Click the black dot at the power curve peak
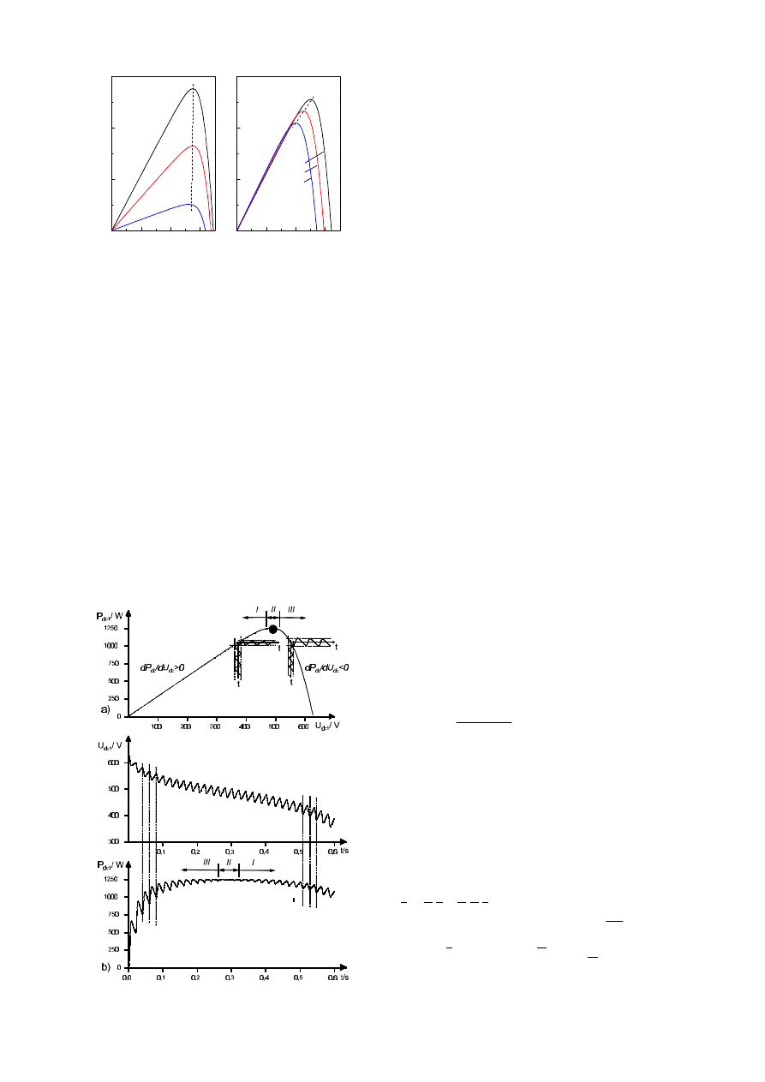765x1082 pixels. click(273, 629)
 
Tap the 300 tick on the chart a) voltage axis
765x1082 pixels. click(216, 726)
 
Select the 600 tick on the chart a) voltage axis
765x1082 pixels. click(303, 726)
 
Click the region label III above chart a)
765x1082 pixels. click(291, 609)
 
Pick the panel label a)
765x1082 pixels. click(105, 709)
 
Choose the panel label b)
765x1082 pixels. click(105, 966)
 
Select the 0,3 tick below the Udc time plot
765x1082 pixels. click(230, 852)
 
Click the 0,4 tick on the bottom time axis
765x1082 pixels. click(265, 977)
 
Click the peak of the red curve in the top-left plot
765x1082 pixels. click(194, 146)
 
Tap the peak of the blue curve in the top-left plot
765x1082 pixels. click(191, 204)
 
